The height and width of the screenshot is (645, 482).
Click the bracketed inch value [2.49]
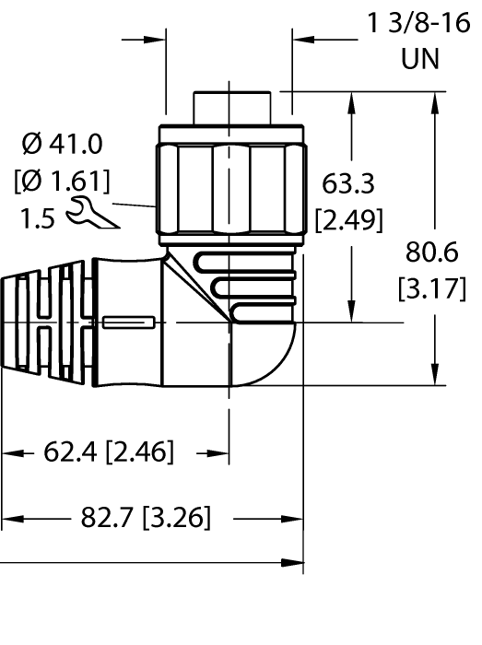(347, 220)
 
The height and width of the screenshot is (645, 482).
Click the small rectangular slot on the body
(128, 322)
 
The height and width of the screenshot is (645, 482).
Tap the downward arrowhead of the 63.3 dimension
(349, 313)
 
